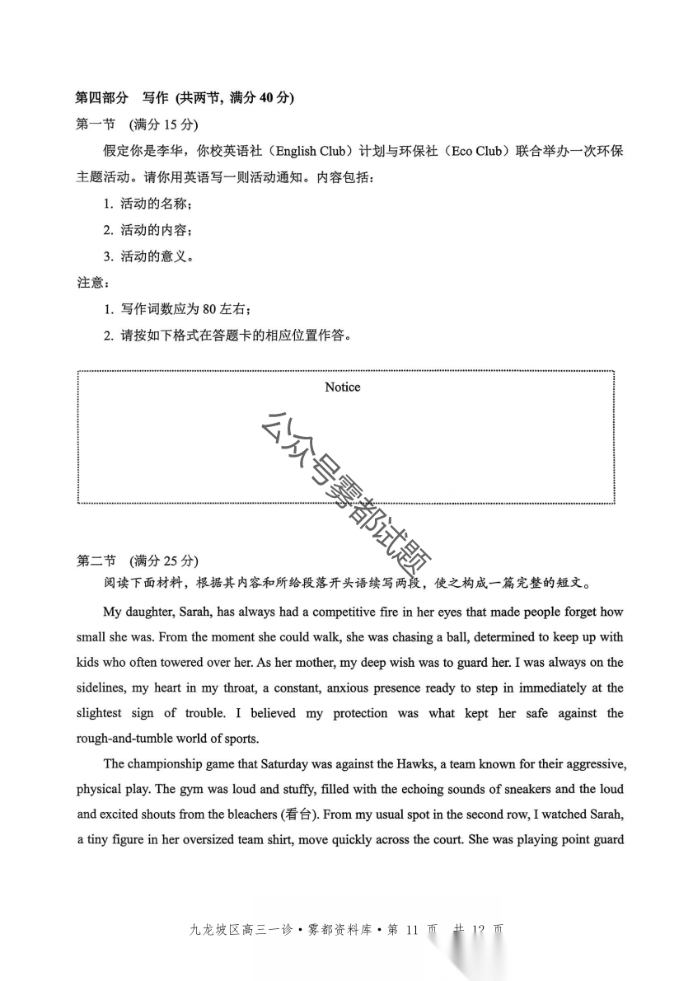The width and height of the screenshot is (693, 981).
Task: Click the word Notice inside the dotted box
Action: click(342, 387)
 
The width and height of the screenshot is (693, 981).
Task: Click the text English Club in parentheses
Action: click(311, 152)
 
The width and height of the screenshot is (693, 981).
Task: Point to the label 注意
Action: click(91, 283)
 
